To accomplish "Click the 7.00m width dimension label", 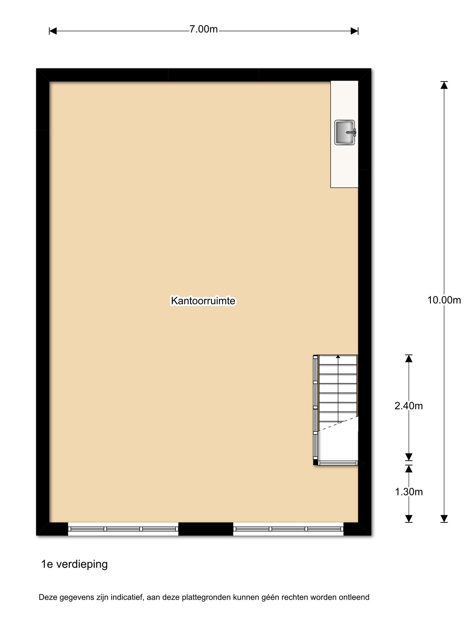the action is coord(203,29).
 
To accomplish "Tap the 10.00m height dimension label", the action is coord(444,300).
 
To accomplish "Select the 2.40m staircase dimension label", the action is coord(409,406).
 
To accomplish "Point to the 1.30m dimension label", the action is coord(409,492).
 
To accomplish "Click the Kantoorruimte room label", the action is coord(203,301).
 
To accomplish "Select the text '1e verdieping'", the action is coord(75,565).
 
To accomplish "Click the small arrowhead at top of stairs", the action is coord(338,357).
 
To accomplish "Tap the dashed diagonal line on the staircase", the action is coord(338,424).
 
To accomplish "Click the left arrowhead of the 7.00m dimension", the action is coord(53,31).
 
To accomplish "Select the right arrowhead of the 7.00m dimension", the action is coord(355,31).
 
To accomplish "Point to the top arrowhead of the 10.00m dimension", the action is coord(444,85).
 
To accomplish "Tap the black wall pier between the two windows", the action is coord(206,529).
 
